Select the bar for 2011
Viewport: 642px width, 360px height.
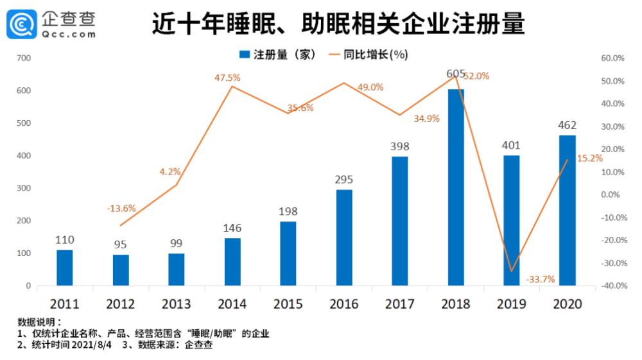(x=65, y=268)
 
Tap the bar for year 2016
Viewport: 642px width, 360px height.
(x=344, y=237)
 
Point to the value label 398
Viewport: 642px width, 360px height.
(x=399, y=147)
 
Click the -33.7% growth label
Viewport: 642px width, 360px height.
(x=540, y=279)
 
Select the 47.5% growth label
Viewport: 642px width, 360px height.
(x=227, y=78)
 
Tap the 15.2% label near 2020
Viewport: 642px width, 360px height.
(x=589, y=158)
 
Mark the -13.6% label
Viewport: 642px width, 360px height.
(x=121, y=208)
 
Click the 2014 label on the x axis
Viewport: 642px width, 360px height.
(x=232, y=304)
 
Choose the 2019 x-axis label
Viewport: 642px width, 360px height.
(x=511, y=304)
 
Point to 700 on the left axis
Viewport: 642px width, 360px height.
(x=24, y=58)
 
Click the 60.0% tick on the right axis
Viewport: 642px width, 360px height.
(x=612, y=58)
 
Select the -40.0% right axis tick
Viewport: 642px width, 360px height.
(x=612, y=286)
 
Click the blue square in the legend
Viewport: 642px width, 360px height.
(x=244, y=55)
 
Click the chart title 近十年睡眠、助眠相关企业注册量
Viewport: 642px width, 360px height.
(x=338, y=24)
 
